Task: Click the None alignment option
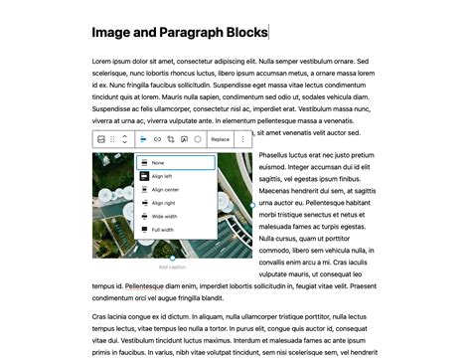pyautogui.click(x=159, y=162)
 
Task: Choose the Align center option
pyautogui.click(x=164, y=189)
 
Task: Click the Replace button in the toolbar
pyautogui.click(x=220, y=139)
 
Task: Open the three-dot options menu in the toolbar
pyautogui.click(x=243, y=139)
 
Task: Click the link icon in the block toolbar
pyautogui.click(x=157, y=139)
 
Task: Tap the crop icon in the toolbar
pyautogui.click(x=171, y=139)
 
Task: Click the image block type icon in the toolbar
pyautogui.click(x=100, y=139)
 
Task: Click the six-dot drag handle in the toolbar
pyautogui.click(x=113, y=139)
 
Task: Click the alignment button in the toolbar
pyautogui.click(x=143, y=139)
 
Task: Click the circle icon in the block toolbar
pyautogui.click(x=198, y=139)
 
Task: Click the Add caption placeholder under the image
pyautogui.click(x=172, y=268)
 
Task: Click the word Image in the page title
pyautogui.click(x=111, y=33)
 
